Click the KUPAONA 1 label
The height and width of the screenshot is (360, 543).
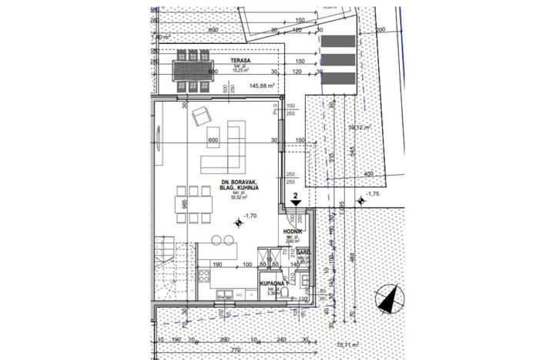(274, 284)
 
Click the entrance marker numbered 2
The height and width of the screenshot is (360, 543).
(296, 197)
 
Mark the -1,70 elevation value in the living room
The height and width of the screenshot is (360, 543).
(250, 217)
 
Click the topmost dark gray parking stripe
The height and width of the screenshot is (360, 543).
(338, 42)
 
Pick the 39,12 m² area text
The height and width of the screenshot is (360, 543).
(360, 128)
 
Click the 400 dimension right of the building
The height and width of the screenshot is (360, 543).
(367, 173)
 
